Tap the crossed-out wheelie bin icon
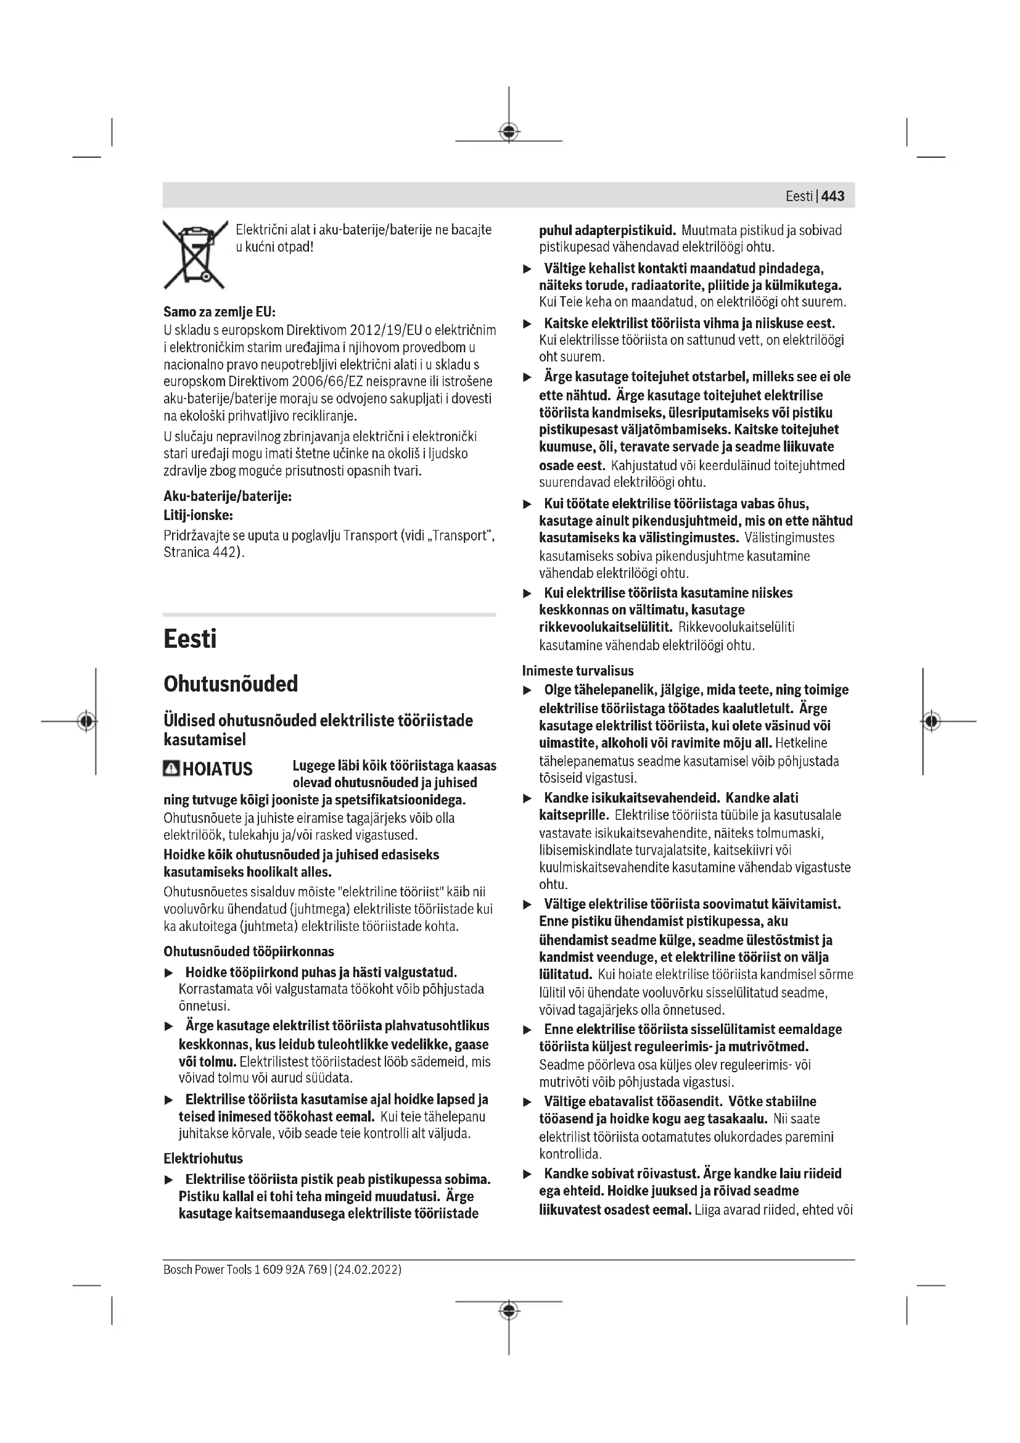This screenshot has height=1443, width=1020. pos(195,255)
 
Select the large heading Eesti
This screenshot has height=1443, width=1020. pos(190,639)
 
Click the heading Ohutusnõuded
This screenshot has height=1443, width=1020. pos(231,684)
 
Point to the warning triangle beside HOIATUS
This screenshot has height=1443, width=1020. pos(171,769)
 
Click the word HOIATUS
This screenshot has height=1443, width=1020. pos(217,769)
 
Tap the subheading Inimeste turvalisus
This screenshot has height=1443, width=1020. pos(578,671)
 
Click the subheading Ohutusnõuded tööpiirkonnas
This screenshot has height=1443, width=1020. pos(249,951)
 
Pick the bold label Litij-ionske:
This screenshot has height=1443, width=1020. pos(198,515)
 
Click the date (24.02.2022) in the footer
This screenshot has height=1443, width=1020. pos(368,1270)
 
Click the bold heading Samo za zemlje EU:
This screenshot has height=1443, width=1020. pos(220,312)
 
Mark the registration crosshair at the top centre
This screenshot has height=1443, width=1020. pos(509,131)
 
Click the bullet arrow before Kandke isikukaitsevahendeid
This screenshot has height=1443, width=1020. pos(528,799)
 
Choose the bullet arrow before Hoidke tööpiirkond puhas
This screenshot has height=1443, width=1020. pos(168,974)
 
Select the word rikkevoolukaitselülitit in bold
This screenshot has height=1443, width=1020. pos(605,627)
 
